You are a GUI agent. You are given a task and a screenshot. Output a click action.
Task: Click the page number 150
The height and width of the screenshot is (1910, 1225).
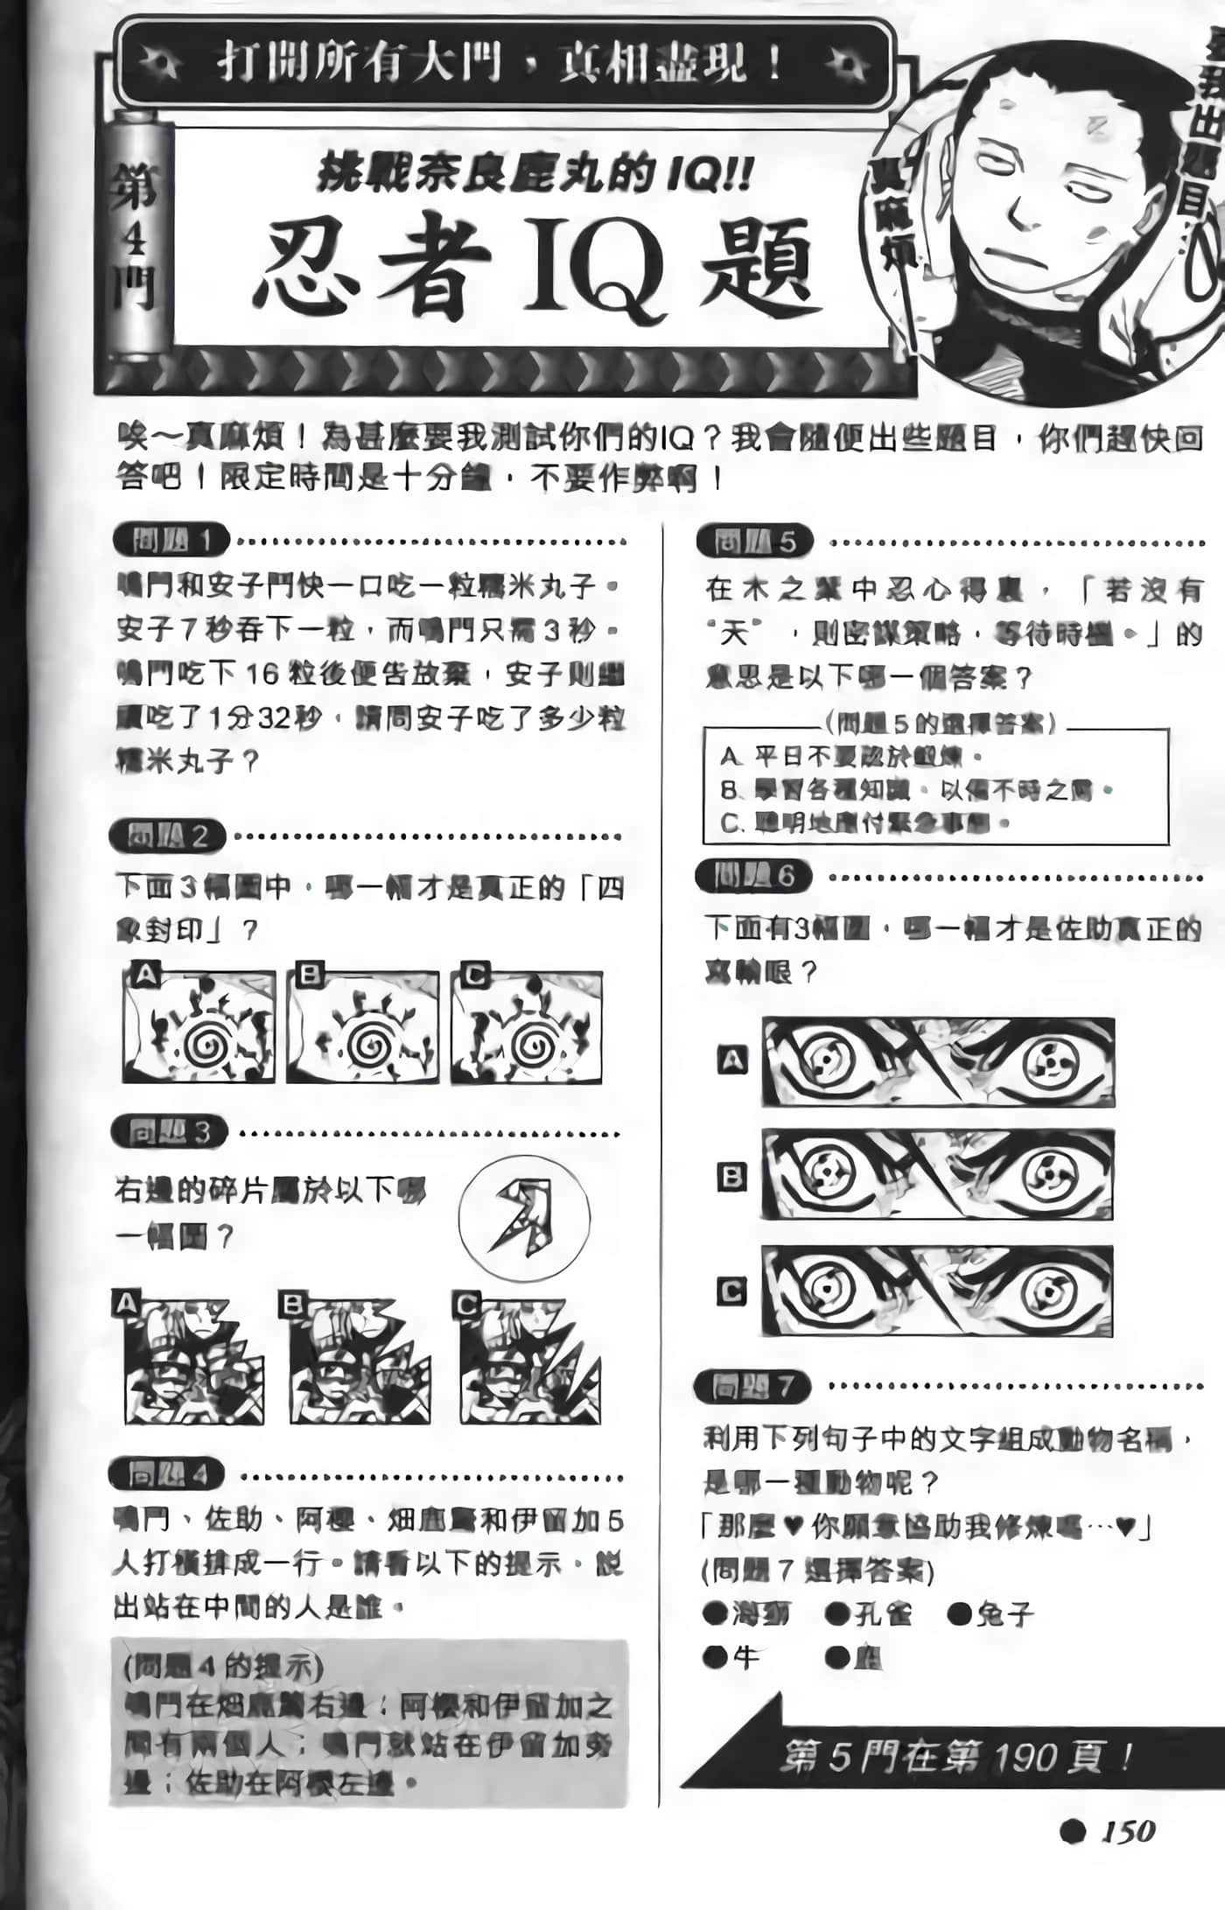[x=1129, y=1830]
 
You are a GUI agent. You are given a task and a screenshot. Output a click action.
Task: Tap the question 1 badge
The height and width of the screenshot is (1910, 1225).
[x=171, y=540]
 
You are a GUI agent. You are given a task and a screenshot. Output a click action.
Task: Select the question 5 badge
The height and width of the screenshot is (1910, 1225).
[x=754, y=542]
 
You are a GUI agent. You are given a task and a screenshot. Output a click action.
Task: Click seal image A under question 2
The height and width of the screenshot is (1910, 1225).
[x=199, y=1026]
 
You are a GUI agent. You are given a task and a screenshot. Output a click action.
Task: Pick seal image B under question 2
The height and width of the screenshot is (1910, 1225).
[x=362, y=1026]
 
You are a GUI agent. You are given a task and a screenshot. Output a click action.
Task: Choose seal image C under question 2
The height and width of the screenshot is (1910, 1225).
[x=527, y=1026]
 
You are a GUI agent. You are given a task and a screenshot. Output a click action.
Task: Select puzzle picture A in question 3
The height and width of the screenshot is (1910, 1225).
[x=193, y=1361]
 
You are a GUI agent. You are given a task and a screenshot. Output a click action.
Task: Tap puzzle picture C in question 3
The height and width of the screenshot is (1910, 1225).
[x=529, y=1361]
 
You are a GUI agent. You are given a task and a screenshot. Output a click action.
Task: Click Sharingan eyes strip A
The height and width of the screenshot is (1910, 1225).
[x=938, y=1062]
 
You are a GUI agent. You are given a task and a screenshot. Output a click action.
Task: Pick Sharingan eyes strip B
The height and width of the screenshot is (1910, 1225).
[x=937, y=1174]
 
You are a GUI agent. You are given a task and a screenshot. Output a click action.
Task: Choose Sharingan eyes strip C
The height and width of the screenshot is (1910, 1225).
[x=937, y=1291]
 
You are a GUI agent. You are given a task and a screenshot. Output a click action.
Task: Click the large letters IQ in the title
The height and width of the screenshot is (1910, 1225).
[x=595, y=267]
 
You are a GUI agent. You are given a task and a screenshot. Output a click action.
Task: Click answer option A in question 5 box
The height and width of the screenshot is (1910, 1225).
[x=849, y=755]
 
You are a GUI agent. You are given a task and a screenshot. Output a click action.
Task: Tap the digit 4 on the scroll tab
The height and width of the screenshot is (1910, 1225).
[x=134, y=237]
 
